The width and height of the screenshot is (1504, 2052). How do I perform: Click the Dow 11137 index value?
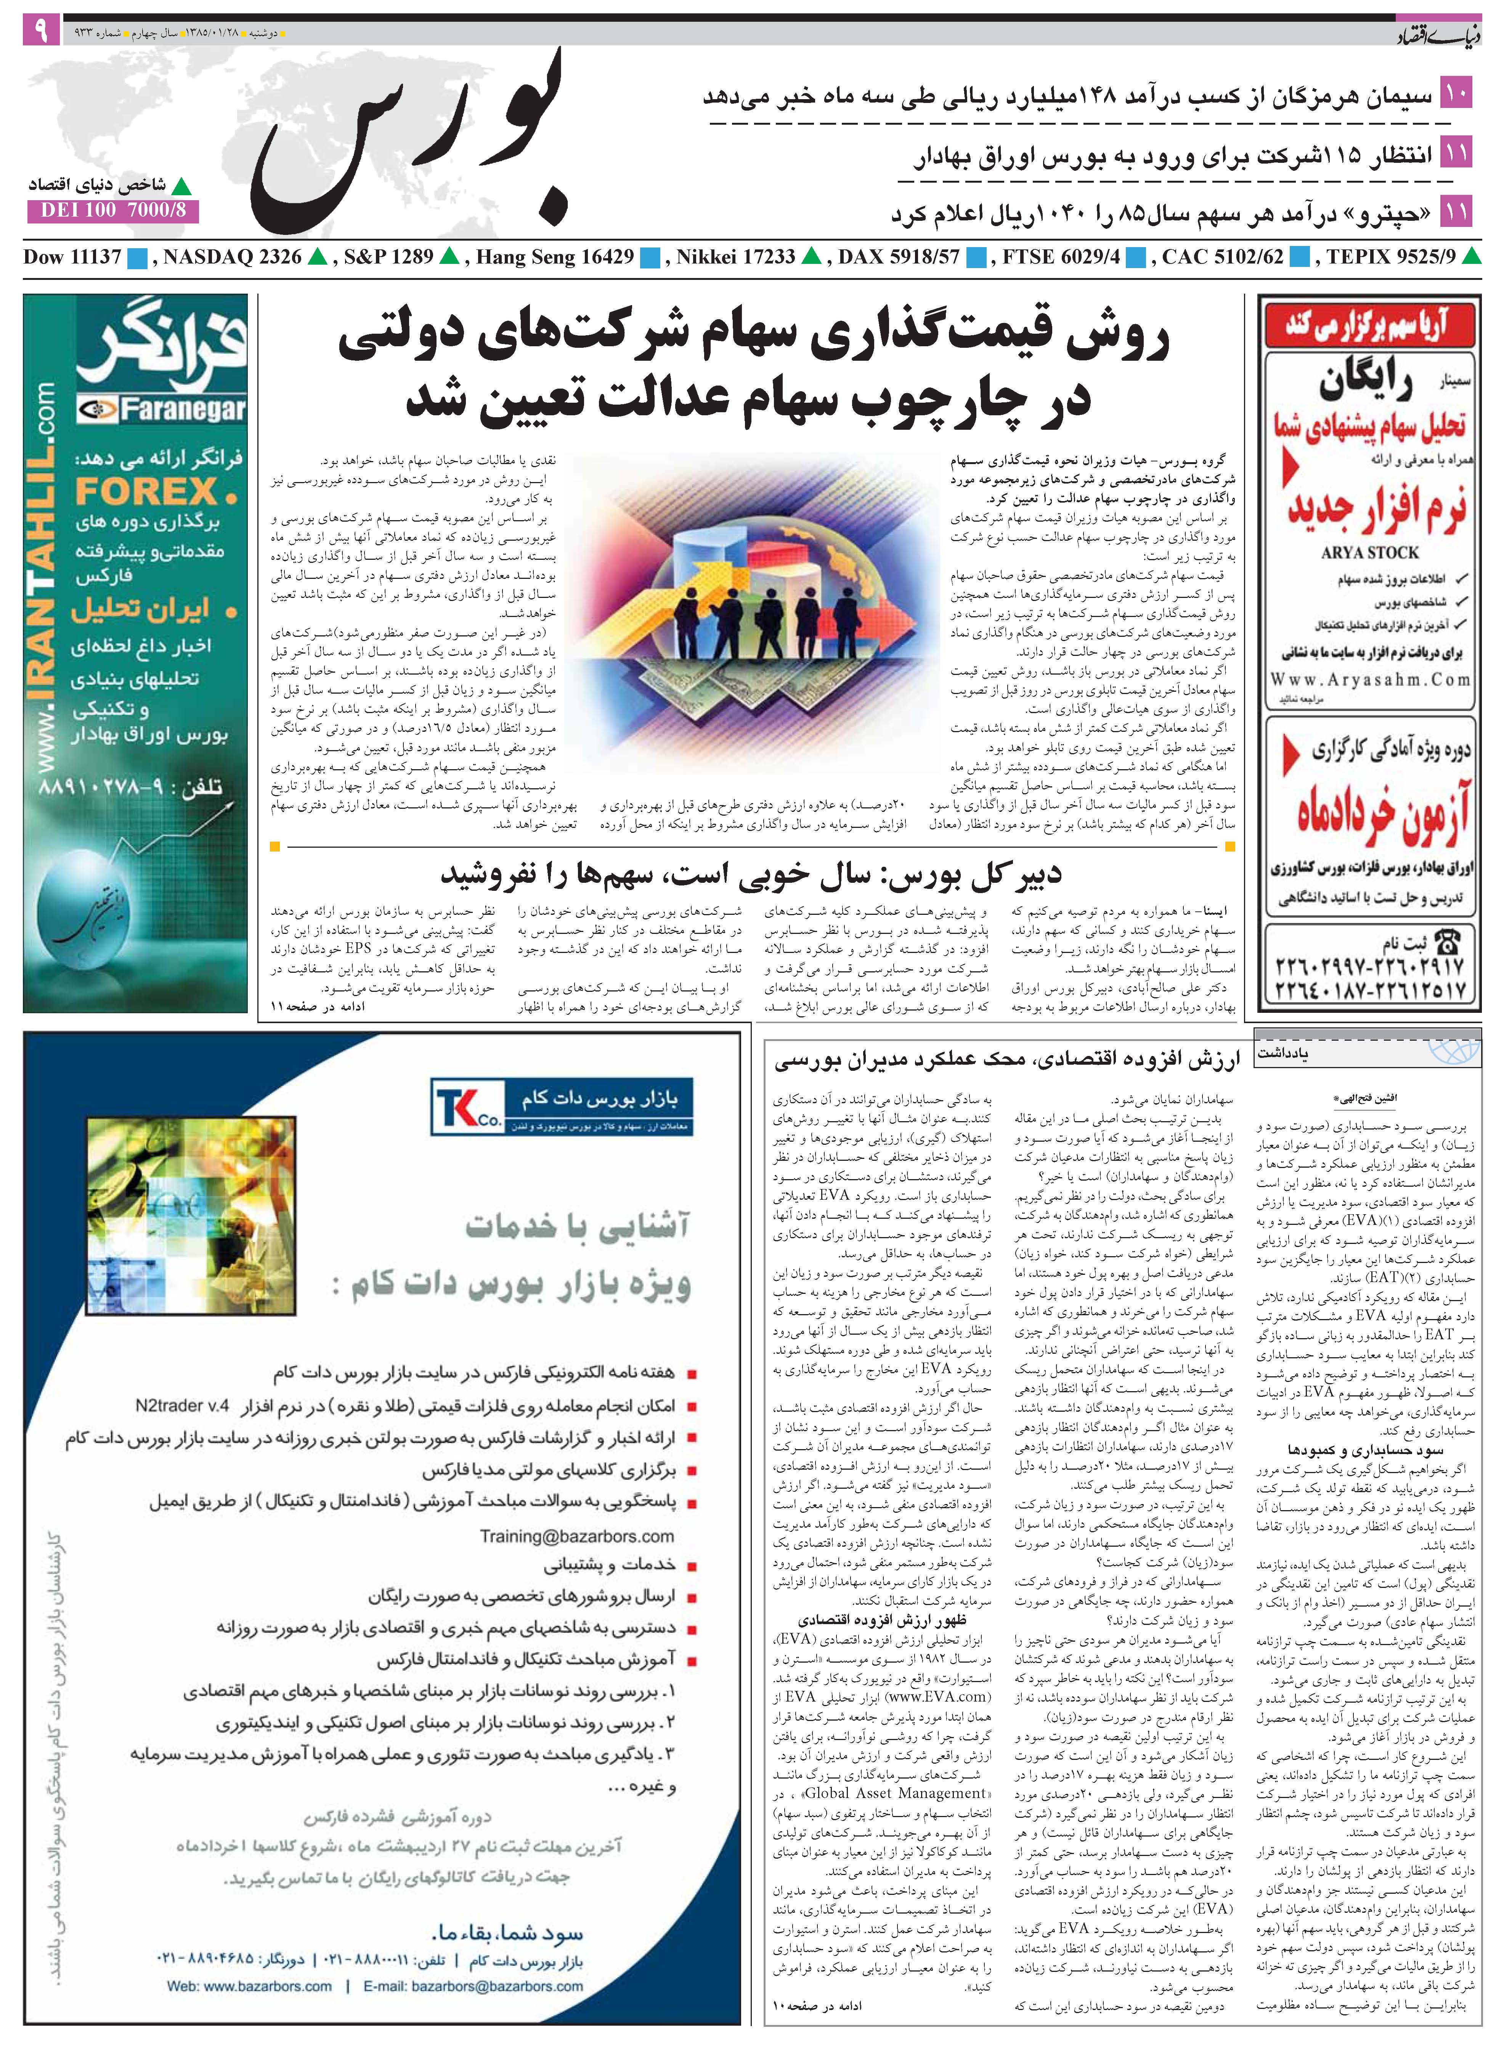[x=73, y=258]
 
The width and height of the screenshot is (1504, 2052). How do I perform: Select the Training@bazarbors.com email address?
[x=577, y=1537]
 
